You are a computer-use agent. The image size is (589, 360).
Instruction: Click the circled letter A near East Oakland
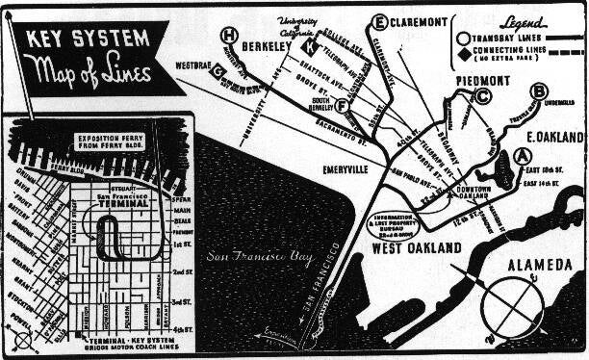pos(523,155)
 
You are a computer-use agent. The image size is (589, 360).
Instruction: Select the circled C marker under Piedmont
pos(483,95)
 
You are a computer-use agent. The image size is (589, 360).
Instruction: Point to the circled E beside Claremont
pos(380,21)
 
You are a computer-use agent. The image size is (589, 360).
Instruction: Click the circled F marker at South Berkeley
pos(343,106)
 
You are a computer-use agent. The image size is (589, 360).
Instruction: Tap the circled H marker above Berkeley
pos(228,37)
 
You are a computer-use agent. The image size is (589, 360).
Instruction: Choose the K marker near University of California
pos(310,46)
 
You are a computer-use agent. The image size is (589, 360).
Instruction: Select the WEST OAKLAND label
pos(417,248)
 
